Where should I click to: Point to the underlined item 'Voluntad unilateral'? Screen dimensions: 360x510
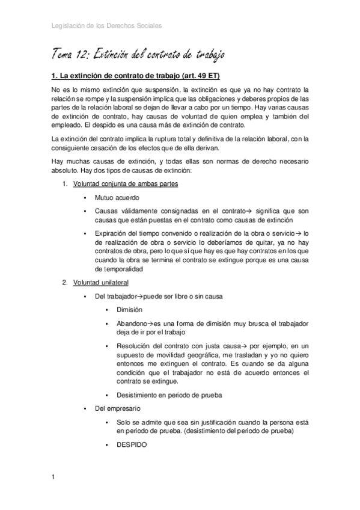(x=101, y=282)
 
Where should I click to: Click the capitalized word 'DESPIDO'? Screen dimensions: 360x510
(x=131, y=445)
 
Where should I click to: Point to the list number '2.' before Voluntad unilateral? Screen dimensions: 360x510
(x=66, y=282)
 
